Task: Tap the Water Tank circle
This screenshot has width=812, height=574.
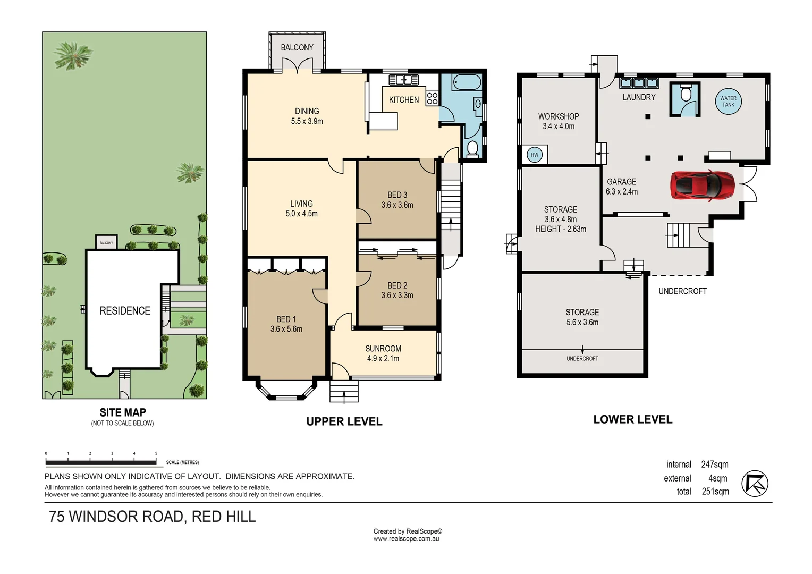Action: [x=728, y=102]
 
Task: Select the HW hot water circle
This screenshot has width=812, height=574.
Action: [x=534, y=155]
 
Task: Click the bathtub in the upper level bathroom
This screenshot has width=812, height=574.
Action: [x=467, y=82]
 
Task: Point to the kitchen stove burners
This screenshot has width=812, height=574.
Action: [x=432, y=98]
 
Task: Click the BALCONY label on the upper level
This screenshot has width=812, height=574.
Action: [x=297, y=48]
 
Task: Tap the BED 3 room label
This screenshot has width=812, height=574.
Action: [x=397, y=195]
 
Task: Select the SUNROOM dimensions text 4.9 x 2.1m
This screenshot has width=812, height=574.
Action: [x=383, y=359]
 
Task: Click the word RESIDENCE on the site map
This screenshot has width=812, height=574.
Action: [x=125, y=311]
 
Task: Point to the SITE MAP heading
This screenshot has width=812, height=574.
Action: [x=123, y=412]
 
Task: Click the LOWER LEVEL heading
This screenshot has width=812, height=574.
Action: [x=632, y=419]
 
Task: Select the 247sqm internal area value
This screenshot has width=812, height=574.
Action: [x=714, y=465]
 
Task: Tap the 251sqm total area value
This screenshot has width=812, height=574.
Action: [x=715, y=492]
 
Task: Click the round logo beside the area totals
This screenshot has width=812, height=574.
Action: [x=755, y=484]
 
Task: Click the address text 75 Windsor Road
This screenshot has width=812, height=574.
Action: [x=153, y=517]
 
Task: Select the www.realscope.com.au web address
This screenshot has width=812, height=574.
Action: [x=406, y=539]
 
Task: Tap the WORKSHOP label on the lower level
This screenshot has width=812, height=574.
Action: [x=558, y=116]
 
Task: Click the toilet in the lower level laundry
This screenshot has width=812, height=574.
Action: [x=686, y=94]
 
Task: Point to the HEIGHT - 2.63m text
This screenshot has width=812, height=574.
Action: [x=560, y=229]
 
